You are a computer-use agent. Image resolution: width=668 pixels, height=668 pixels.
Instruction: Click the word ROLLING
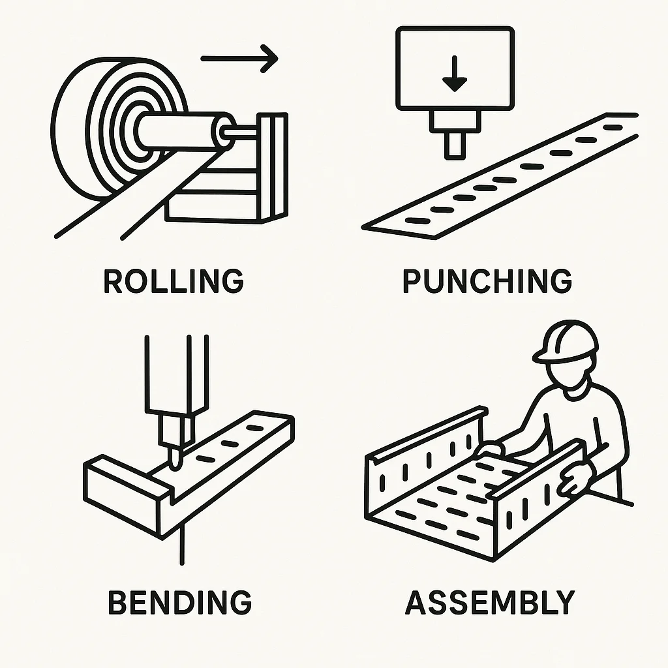[174, 281]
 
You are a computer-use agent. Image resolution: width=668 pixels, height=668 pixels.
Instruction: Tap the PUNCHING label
[487, 281]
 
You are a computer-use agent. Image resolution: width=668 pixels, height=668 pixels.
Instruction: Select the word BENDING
[180, 602]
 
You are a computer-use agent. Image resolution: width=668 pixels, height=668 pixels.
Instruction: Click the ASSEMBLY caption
[491, 602]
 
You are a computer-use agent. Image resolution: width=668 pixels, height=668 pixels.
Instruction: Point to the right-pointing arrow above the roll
[239, 58]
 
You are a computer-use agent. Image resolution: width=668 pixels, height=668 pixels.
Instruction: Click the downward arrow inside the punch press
[455, 74]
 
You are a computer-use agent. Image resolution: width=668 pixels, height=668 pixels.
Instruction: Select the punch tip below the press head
[455, 145]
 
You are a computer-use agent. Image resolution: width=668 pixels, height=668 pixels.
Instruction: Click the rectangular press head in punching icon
[455, 68]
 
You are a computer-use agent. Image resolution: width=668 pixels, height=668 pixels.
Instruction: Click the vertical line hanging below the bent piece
[183, 545]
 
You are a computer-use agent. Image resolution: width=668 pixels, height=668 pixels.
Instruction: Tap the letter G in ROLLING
[232, 281]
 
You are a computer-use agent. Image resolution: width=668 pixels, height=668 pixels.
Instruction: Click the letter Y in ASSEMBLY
[565, 602]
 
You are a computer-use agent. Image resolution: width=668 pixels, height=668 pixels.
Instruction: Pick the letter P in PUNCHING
[412, 281]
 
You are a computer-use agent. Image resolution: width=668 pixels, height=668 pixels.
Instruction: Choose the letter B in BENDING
[119, 602]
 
